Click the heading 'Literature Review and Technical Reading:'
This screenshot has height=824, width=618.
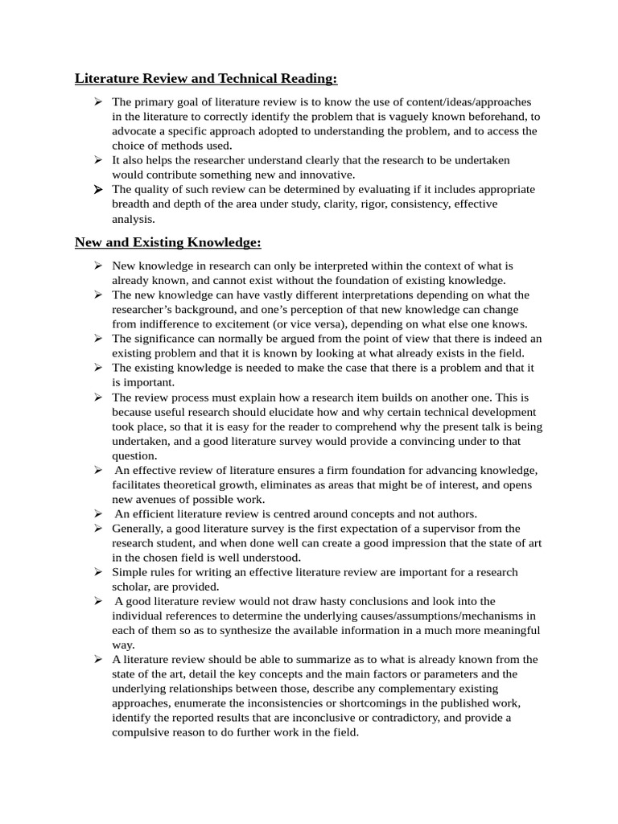pyautogui.click(x=206, y=78)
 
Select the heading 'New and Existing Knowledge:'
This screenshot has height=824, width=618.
pyautogui.click(x=167, y=242)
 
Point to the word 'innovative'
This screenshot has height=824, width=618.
pyautogui.click(x=326, y=175)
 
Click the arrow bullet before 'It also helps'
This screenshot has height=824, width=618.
pyautogui.click(x=97, y=160)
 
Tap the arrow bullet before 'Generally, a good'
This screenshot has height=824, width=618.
pyautogui.click(x=97, y=528)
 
